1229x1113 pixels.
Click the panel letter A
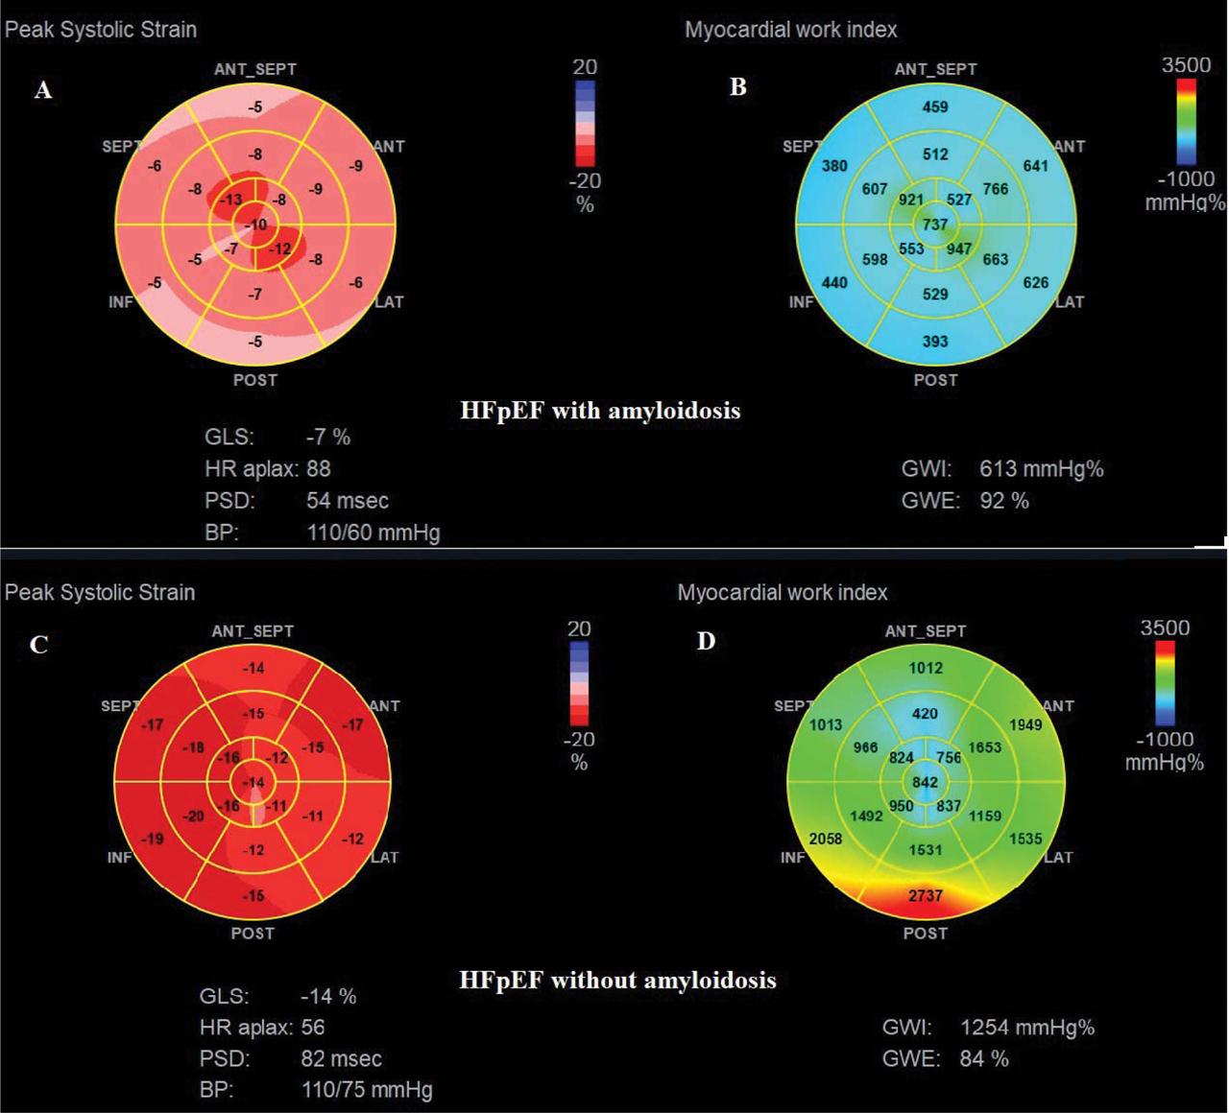(x=43, y=91)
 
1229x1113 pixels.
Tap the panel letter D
(x=707, y=641)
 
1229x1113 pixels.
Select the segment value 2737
(x=926, y=895)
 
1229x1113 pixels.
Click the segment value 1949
(x=1025, y=724)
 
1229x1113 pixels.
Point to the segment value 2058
(x=826, y=839)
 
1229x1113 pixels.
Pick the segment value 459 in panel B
(x=935, y=107)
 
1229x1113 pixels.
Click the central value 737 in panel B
(x=935, y=225)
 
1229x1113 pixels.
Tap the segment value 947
(x=958, y=249)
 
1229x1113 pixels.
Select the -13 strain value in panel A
(x=230, y=200)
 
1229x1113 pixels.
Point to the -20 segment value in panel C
(x=195, y=817)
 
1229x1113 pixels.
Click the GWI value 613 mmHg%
(x=1041, y=469)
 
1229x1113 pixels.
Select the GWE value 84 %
(x=984, y=1059)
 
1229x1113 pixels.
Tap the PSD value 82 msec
(x=341, y=1059)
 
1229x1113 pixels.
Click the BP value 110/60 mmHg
(x=373, y=533)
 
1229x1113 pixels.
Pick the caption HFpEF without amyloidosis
(x=617, y=981)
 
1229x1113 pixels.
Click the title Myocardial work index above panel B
(x=791, y=30)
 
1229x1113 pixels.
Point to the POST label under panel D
(x=926, y=933)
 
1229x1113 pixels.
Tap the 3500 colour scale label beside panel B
(x=1186, y=65)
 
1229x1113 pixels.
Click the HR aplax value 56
(x=313, y=1028)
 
